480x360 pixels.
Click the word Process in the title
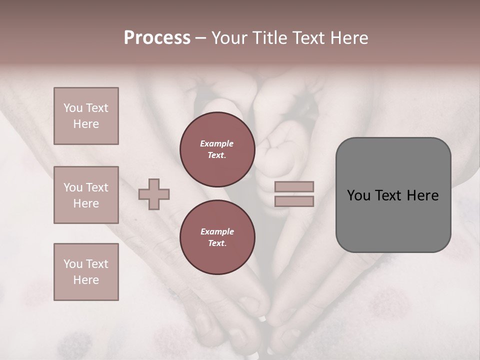(x=157, y=38)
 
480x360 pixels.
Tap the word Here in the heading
(x=348, y=38)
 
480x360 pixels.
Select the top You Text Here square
(x=86, y=116)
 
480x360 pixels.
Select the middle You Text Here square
(x=86, y=195)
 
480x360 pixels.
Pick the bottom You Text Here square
(x=86, y=272)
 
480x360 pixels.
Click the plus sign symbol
(x=154, y=194)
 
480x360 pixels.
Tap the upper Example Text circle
(x=217, y=149)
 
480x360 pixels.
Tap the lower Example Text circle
(x=217, y=237)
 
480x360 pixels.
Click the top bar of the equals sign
(x=294, y=187)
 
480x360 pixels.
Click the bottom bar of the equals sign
(x=294, y=201)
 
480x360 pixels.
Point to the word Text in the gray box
(x=393, y=195)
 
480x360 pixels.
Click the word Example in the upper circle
(x=217, y=144)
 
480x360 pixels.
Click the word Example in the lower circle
(x=217, y=231)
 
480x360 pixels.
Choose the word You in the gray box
(x=358, y=195)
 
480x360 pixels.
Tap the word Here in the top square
(x=86, y=124)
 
